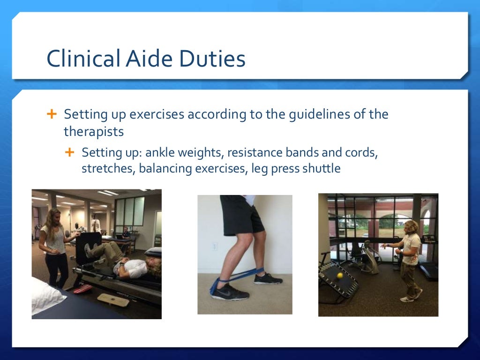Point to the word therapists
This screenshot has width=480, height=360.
point(94,132)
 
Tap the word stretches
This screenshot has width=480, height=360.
point(107,169)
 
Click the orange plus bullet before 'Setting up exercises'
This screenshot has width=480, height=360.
point(52,114)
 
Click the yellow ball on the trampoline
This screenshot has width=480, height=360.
point(340,276)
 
